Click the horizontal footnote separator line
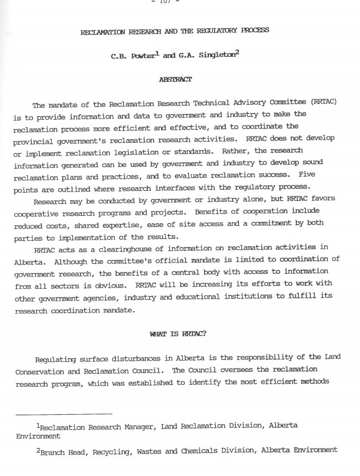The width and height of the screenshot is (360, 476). tap(64, 413)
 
